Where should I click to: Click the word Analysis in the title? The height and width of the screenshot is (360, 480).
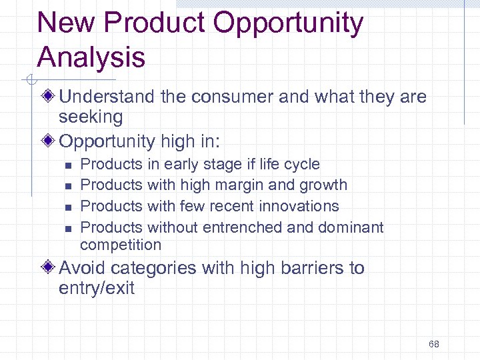(x=91, y=57)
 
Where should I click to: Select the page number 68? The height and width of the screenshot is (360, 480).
(x=434, y=344)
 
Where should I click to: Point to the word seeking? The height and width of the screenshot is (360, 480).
(x=91, y=117)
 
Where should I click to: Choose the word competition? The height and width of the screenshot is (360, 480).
(x=121, y=245)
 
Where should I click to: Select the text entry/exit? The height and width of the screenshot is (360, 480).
(x=97, y=289)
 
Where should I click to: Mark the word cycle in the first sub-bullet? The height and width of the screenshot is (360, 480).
(x=301, y=165)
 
